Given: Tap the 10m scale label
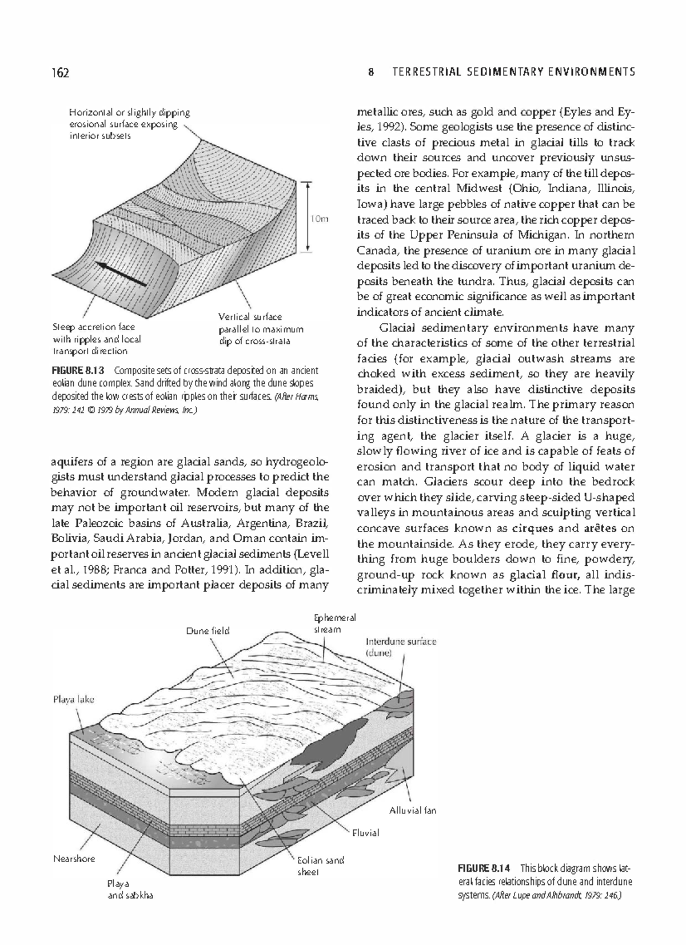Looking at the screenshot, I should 320,219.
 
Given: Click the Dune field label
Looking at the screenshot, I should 208,630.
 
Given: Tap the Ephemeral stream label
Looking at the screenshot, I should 335,624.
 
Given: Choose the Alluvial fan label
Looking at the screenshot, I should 412,810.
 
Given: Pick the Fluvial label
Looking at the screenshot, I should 365,833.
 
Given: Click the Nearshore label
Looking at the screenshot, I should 74,859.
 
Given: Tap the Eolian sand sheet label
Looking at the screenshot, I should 320,865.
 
